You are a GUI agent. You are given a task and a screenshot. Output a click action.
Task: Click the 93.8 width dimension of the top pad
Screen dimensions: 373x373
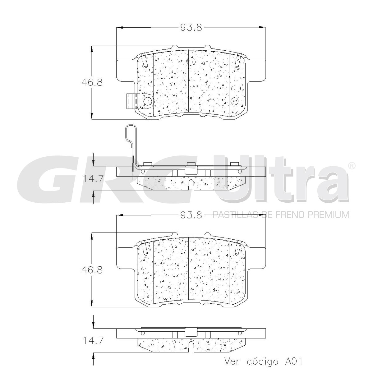[x=191, y=27]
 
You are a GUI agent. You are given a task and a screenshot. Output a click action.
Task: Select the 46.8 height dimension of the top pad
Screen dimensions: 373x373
[x=92, y=82]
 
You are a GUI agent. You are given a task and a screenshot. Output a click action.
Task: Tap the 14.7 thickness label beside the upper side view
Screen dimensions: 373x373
[x=93, y=178]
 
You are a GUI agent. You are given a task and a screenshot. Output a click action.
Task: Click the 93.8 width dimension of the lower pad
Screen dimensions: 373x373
[x=191, y=215]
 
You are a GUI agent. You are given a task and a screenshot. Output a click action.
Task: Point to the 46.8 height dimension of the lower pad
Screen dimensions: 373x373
[x=92, y=270]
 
